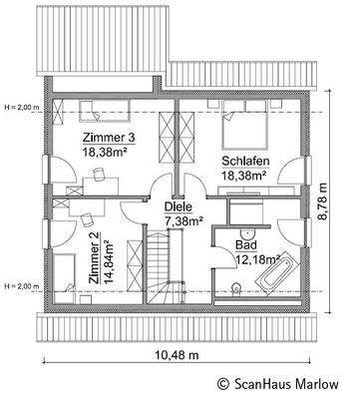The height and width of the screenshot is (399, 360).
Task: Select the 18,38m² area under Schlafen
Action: (242, 174)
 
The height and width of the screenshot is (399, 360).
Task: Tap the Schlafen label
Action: (243, 160)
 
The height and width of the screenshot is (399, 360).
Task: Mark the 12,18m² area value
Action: (253, 257)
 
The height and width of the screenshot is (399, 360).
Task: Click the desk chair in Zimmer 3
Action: (100, 174)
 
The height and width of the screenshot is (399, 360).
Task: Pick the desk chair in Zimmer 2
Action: (89, 215)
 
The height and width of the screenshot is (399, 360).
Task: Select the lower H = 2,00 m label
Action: (20, 258)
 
